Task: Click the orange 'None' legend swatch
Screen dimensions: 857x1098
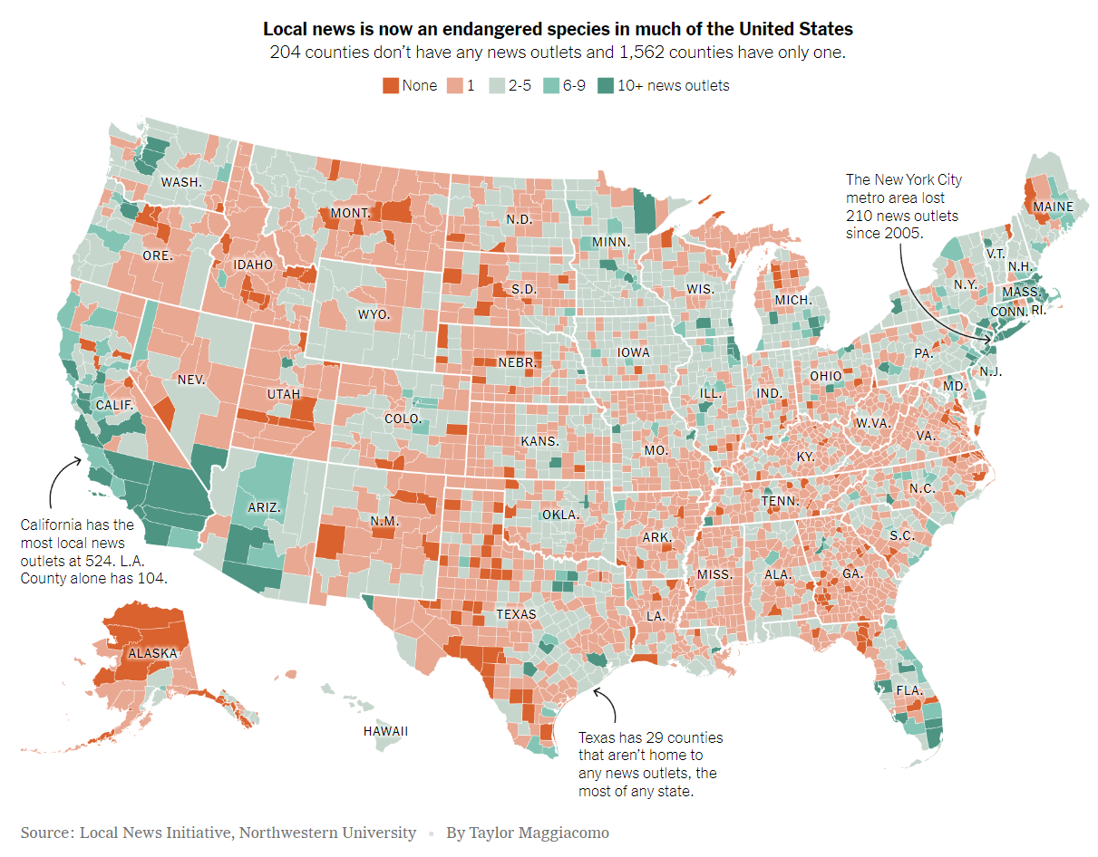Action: coord(390,86)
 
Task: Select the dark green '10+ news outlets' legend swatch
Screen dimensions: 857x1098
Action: coord(606,86)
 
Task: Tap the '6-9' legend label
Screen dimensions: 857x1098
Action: coord(573,86)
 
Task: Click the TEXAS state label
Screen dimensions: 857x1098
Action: coord(515,614)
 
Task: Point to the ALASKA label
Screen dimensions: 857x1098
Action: coord(152,653)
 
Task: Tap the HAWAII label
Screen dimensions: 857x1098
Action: coord(385,731)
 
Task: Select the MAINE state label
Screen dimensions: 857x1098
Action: coord(1053,207)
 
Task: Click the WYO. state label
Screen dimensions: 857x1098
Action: coord(374,314)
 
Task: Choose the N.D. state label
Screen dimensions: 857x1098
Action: coord(519,219)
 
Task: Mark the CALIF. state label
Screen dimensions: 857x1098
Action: coord(114,405)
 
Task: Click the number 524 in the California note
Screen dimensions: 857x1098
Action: coord(127,560)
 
